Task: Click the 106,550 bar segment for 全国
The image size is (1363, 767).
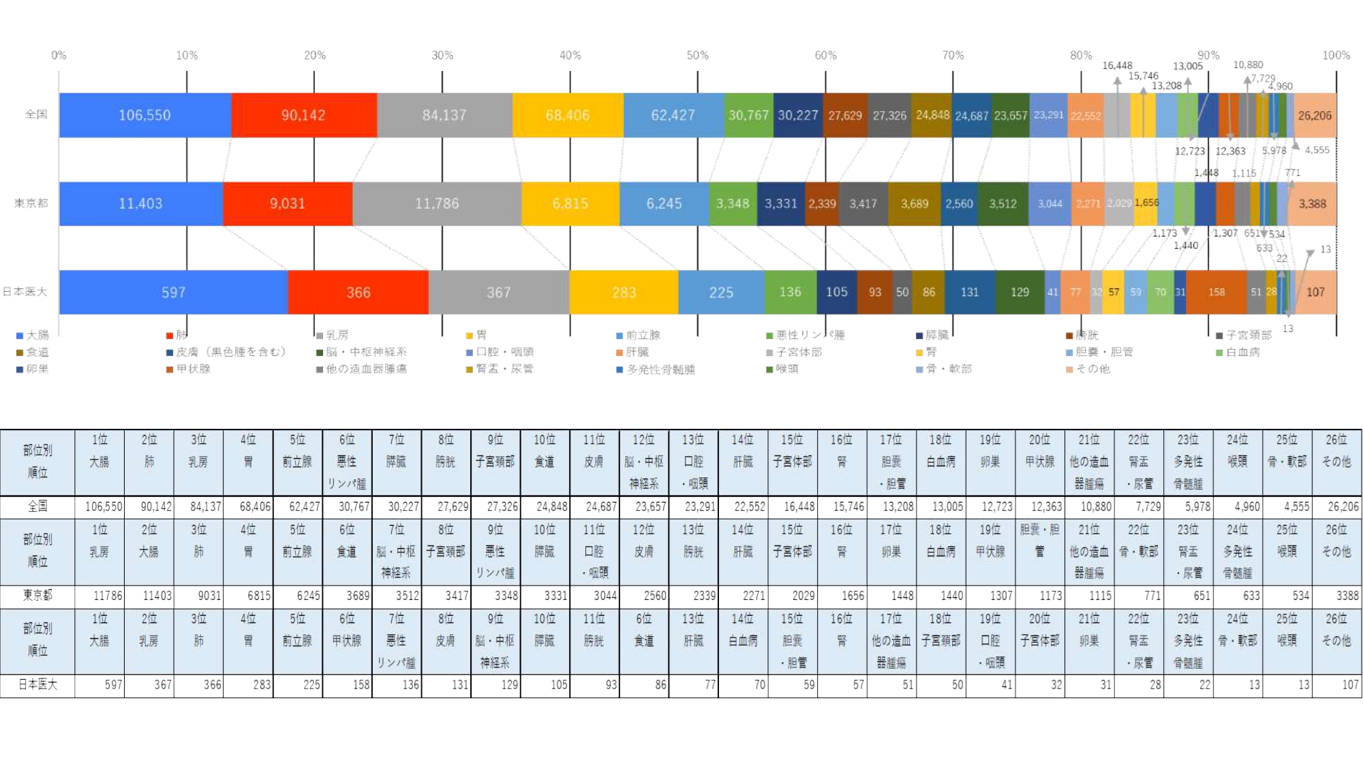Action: click(x=144, y=115)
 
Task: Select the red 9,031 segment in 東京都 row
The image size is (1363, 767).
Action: click(x=287, y=203)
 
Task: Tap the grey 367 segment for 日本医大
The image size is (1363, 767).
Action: click(x=498, y=292)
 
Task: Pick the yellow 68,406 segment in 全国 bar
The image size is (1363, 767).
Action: click(x=567, y=115)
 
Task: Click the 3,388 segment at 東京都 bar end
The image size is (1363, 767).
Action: click(x=1312, y=203)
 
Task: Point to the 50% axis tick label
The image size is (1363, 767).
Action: click(x=697, y=55)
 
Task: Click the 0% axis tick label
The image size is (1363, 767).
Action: click(x=59, y=55)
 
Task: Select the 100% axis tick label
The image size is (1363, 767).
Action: click(x=1336, y=55)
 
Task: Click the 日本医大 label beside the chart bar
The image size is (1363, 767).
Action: click(x=25, y=292)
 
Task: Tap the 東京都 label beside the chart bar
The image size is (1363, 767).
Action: click(x=31, y=203)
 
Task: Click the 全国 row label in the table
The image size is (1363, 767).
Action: click(x=37, y=507)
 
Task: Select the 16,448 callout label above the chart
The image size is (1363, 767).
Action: click(x=1117, y=65)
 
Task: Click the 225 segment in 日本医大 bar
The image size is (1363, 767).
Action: click(x=720, y=292)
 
